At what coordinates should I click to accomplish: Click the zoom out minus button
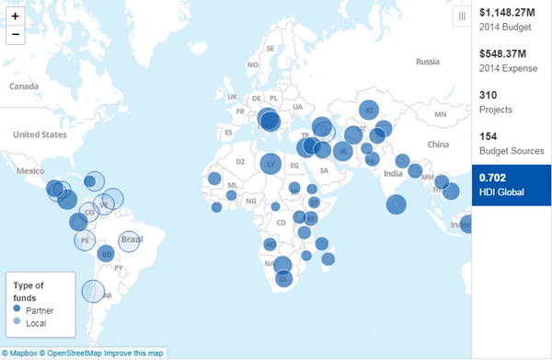click(x=15, y=35)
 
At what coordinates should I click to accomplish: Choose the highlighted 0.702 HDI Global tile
click(x=511, y=184)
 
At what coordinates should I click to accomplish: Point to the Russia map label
click(x=429, y=62)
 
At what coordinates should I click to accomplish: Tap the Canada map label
click(x=23, y=86)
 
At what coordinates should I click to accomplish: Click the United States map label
click(x=40, y=134)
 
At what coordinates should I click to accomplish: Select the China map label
click(x=437, y=144)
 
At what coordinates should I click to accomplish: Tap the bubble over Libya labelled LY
click(x=270, y=165)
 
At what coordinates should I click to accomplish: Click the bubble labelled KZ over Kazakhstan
click(x=368, y=110)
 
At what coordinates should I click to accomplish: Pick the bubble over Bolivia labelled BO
click(x=106, y=254)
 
